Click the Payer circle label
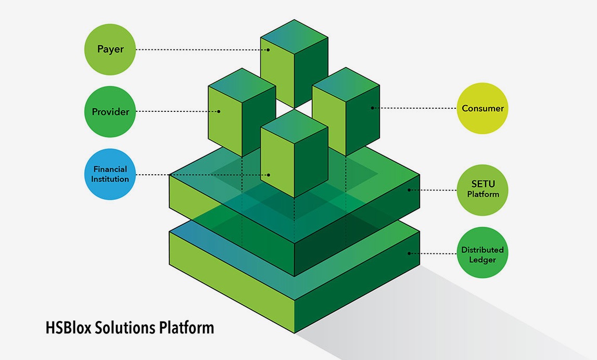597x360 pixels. [110, 49]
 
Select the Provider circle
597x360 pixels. [110, 111]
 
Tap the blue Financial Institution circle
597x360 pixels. [110, 174]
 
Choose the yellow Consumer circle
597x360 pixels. [482, 108]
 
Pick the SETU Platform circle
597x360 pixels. [482, 190]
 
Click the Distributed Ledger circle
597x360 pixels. [482, 253]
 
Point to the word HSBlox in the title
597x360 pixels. [68, 328]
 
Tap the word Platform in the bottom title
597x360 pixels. [186, 328]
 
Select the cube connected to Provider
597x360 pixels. [242, 112]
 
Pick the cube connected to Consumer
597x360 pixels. [346, 111]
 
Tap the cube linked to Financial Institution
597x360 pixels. [294, 153]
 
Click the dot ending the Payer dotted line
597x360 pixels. [269, 50]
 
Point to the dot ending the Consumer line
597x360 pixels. [372, 108]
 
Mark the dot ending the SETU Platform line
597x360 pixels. [409, 190]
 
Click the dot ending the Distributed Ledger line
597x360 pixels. [409, 253]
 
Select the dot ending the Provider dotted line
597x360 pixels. [219, 111]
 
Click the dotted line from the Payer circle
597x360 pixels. [202, 49]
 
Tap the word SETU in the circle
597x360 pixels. [483, 184]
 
